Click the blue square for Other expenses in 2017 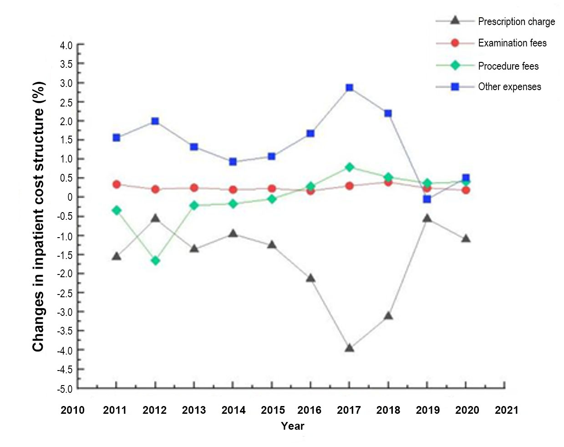point(349,87)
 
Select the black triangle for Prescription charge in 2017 point(349,348)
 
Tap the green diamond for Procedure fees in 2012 point(155,260)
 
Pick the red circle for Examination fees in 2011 point(117,184)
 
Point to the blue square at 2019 point(427,199)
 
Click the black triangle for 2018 point(388,315)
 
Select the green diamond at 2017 point(349,167)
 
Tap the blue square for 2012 point(155,121)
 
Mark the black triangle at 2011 point(117,256)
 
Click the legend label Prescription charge point(516,21)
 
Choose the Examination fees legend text point(512,43)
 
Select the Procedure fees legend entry point(508,66)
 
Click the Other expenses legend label point(509,86)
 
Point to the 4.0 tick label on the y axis point(66,46)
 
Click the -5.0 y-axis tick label point(65,389)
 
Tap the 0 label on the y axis point(70,197)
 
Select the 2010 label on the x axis point(73,410)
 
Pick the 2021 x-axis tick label point(506,410)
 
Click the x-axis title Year point(292,426)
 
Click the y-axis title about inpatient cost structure point(38,217)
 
